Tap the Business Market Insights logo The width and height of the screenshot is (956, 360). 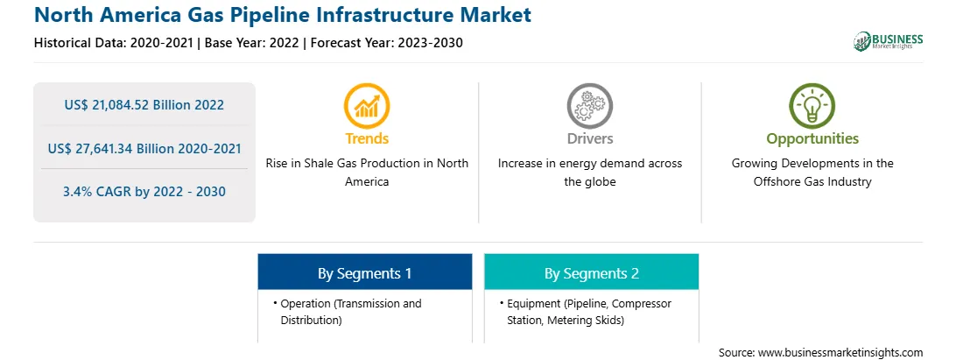(x=888, y=41)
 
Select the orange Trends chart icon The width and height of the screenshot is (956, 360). (x=367, y=106)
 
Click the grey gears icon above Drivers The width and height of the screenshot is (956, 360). (x=589, y=106)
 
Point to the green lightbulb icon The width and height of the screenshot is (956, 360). (x=812, y=106)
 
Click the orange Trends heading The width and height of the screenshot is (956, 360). (x=367, y=138)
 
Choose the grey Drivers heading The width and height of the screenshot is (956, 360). (x=589, y=138)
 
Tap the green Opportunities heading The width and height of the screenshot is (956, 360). (x=812, y=139)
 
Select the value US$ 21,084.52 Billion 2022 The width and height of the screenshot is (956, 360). (x=144, y=105)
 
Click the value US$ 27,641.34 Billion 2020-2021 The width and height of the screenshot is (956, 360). (x=144, y=148)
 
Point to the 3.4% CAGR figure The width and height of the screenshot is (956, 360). (x=144, y=192)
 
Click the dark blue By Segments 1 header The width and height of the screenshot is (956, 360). (x=364, y=272)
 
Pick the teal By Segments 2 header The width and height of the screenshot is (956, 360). (x=592, y=272)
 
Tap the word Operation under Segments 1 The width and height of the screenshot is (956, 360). (x=306, y=304)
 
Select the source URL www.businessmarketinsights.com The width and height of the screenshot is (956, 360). (x=840, y=353)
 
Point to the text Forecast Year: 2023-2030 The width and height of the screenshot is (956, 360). (x=386, y=43)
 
